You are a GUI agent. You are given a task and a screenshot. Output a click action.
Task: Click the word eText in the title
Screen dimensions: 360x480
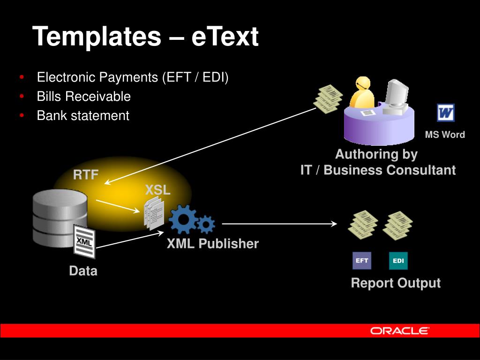click(x=225, y=37)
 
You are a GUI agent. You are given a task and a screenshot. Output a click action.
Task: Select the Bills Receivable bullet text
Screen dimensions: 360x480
click(x=84, y=97)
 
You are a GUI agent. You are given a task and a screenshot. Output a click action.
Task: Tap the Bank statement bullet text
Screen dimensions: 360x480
click(x=83, y=115)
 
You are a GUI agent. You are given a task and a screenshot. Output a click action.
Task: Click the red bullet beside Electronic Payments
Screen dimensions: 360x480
click(x=22, y=77)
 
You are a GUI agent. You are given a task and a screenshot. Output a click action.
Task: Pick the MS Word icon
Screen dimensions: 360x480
click(x=446, y=113)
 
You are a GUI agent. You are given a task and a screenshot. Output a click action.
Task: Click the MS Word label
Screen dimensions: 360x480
click(x=445, y=135)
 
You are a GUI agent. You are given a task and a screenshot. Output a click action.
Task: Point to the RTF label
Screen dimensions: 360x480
click(x=86, y=175)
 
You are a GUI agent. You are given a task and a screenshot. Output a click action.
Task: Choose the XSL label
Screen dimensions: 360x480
click(x=157, y=190)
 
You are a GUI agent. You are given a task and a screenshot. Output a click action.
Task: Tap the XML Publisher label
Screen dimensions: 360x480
click(x=213, y=244)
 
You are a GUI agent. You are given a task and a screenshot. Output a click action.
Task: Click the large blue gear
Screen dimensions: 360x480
click(x=183, y=219)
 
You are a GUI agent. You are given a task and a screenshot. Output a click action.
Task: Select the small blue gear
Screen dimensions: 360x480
click(x=206, y=225)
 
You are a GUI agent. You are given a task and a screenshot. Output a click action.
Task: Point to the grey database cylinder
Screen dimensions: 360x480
click(x=60, y=216)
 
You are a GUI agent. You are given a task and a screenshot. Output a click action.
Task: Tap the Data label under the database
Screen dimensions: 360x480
click(x=83, y=271)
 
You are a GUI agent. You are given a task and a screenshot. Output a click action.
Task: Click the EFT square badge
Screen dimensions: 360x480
click(x=361, y=261)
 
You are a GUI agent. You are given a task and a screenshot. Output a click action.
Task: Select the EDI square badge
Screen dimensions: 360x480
click(x=398, y=261)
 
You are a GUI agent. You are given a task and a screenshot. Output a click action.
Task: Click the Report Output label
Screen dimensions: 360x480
click(x=396, y=283)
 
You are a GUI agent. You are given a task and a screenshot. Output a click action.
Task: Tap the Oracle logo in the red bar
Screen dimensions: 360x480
click(x=399, y=330)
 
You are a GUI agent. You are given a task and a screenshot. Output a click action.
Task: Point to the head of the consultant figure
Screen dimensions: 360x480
click(x=361, y=84)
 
